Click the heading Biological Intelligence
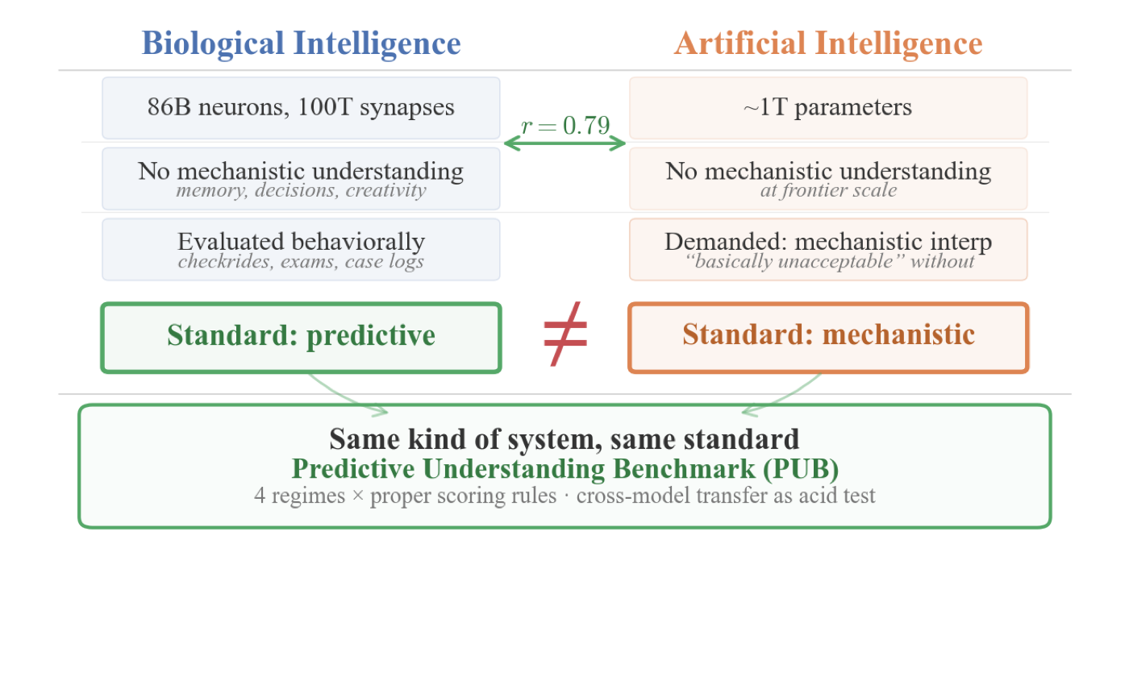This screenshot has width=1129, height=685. (301, 44)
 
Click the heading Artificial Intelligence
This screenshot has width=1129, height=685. (828, 44)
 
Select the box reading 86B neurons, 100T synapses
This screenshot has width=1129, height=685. (301, 108)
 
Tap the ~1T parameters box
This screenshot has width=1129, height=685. (828, 108)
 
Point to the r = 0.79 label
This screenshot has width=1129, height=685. (564, 126)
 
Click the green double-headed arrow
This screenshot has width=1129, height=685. (564, 143)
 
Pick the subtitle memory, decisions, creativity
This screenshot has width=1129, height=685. (301, 191)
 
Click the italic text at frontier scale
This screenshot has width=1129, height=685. (828, 191)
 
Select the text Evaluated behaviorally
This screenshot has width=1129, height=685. (301, 242)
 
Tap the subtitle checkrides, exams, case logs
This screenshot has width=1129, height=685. (301, 262)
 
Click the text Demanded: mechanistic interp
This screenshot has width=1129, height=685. (828, 242)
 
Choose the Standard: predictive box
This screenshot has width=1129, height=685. (301, 336)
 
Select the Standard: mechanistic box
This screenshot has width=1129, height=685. (828, 336)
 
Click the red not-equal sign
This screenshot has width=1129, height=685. (565, 334)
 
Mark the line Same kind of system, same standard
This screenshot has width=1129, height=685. (564, 439)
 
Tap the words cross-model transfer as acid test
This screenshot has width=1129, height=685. (726, 495)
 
